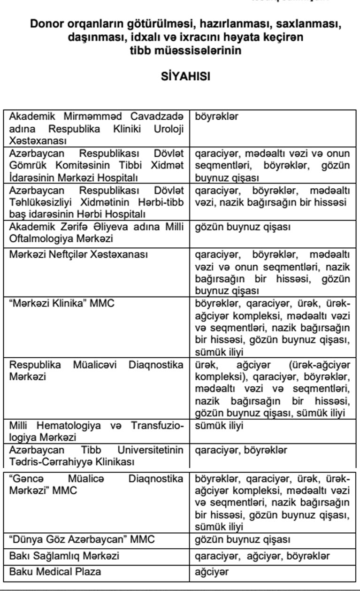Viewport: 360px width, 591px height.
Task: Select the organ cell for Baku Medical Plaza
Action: tap(212, 572)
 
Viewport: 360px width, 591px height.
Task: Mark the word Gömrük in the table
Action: tap(26, 165)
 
